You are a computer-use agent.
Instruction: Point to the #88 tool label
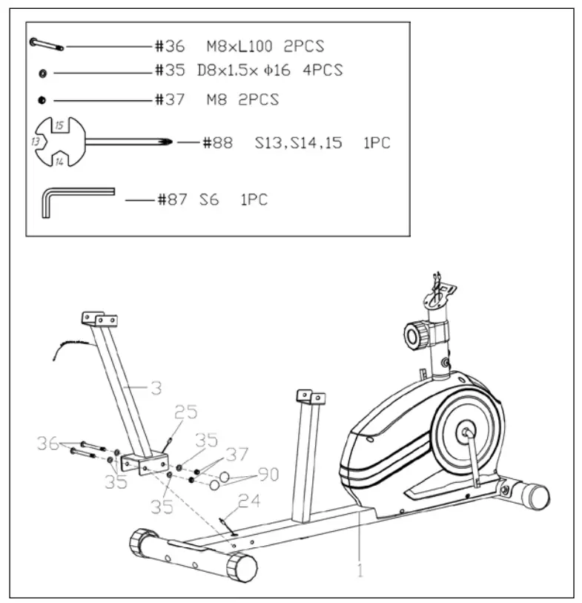click(x=218, y=142)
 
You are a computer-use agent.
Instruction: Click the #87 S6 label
click(x=188, y=200)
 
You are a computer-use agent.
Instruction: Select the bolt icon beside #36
click(x=47, y=45)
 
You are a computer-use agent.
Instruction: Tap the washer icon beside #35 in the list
click(x=43, y=73)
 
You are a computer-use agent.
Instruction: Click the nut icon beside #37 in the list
click(x=42, y=99)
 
